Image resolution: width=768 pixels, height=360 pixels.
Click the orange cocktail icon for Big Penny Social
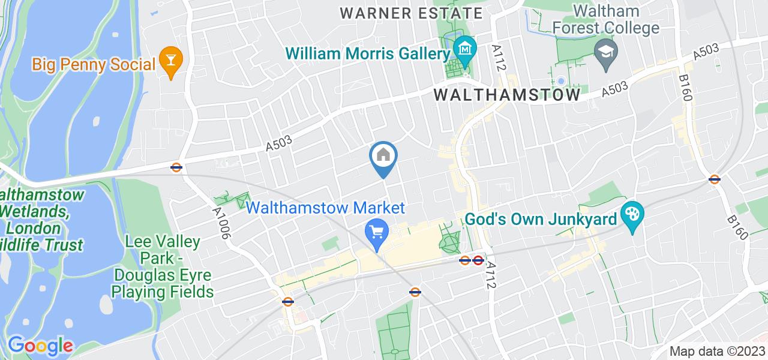[172, 62]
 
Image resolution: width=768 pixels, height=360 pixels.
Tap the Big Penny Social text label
[94, 64]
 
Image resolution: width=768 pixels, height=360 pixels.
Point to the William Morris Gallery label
[368, 54]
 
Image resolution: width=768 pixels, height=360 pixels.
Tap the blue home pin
[383, 158]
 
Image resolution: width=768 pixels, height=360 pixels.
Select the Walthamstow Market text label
[326, 208]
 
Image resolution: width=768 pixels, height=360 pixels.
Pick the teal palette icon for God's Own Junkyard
[632, 214]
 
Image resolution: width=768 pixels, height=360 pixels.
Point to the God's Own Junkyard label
[541, 219]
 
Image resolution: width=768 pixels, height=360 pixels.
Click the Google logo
[40, 346]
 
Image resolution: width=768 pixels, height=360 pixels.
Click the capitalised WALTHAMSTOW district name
[507, 95]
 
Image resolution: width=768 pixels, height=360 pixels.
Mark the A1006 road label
[220, 223]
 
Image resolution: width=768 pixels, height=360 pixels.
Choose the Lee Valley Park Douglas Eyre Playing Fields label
[169, 267]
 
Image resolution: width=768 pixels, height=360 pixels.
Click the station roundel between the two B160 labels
[714, 179]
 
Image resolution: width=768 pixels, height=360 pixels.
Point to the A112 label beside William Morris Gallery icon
[497, 58]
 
